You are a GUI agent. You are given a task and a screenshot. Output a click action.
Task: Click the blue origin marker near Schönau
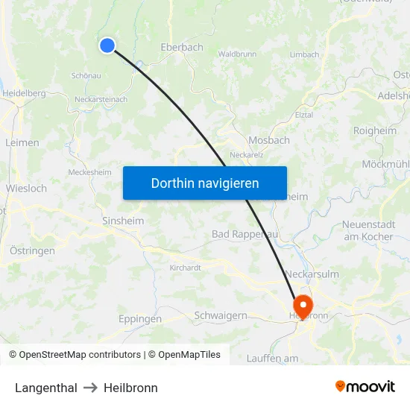click(107, 45)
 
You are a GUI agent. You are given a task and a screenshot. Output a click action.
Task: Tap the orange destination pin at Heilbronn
click(303, 305)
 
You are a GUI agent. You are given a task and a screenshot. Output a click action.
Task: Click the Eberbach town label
click(182, 47)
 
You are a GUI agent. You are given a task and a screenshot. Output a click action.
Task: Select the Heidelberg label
click(25, 93)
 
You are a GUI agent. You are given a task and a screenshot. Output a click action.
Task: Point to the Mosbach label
click(269, 140)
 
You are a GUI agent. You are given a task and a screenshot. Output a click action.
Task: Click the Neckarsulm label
click(312, 274)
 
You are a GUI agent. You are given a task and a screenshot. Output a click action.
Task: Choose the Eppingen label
click(140, 319)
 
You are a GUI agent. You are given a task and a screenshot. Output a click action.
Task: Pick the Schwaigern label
click(221, 315)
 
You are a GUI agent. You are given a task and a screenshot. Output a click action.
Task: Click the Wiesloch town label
click(26, 189)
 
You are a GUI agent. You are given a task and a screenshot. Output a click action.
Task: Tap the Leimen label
click(22, 142)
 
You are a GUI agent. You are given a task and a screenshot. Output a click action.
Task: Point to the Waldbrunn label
click(238, 54)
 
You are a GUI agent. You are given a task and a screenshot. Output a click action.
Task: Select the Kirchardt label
click(186, 268)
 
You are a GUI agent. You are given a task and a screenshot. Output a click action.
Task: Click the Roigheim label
click(375, 130)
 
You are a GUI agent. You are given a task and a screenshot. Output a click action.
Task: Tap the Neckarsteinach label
click(101, 99)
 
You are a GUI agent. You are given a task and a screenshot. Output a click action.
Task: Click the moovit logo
click(365, 386)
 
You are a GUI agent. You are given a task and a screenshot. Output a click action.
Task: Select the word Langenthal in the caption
click(46, 388)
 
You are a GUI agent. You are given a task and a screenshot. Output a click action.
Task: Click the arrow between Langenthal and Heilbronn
click(90, 388)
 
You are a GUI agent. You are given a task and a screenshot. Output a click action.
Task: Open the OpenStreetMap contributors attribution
click(75, 355)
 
